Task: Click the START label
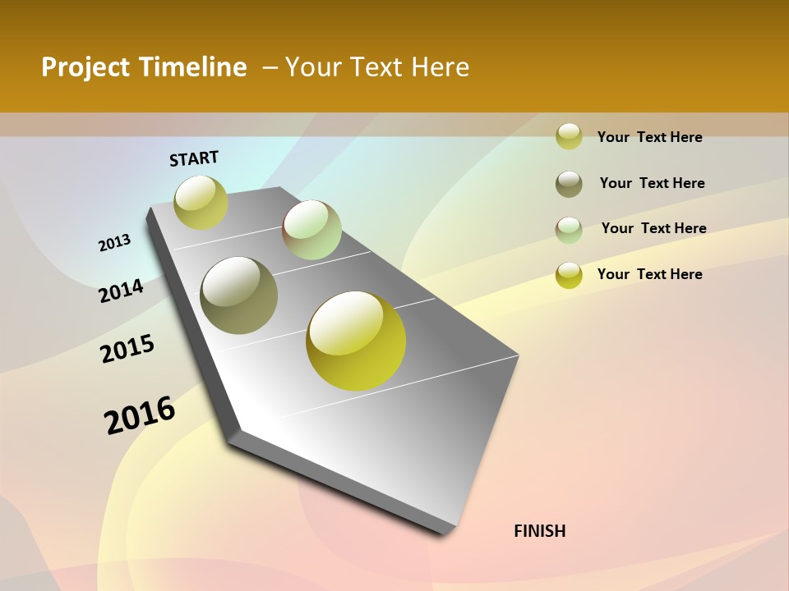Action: click(x=194, y=158)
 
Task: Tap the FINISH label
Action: click(x=539, y=531)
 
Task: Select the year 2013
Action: click(x=114, y=243)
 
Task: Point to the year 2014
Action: click(x=121, y=291)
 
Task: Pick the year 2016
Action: click(x=140, y=415)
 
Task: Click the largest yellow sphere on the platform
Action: click(x=356, y=341)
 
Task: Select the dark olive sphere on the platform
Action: click(x=238, y=295)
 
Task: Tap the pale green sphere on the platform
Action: click(x=311, y=230)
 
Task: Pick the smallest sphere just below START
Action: click(x=201, y=202)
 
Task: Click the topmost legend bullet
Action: click(x=569, y=136)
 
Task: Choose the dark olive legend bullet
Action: click(x=569, y=184)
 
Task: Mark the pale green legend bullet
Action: click(x=569, y=230)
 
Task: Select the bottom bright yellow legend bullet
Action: click(x=569, y=275)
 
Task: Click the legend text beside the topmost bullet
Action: click(x=649, y=137)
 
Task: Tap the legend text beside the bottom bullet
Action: click(x=649, y=274)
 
